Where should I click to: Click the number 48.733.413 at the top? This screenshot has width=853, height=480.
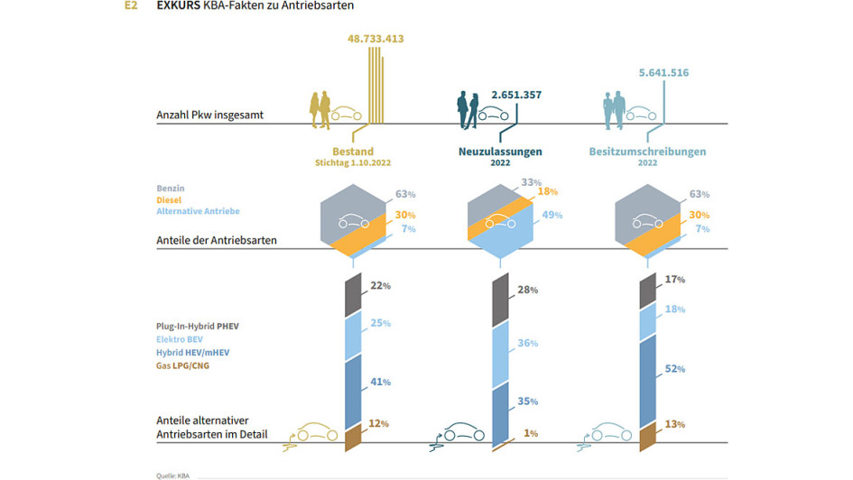(388, 39)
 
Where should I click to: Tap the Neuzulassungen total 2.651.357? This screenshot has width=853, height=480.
(516, 95)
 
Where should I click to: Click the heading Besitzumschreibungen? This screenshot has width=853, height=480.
(647, 152)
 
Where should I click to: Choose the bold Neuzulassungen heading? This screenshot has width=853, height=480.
(500, 152)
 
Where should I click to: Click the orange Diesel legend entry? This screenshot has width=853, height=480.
(170, 200)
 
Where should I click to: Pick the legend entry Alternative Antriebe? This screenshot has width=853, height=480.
(199, 211)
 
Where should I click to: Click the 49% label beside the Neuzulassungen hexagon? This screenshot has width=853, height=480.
(552, 215)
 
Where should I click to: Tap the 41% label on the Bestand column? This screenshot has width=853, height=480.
(379, 382)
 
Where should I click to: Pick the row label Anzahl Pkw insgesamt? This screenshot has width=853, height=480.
(209, 115)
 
